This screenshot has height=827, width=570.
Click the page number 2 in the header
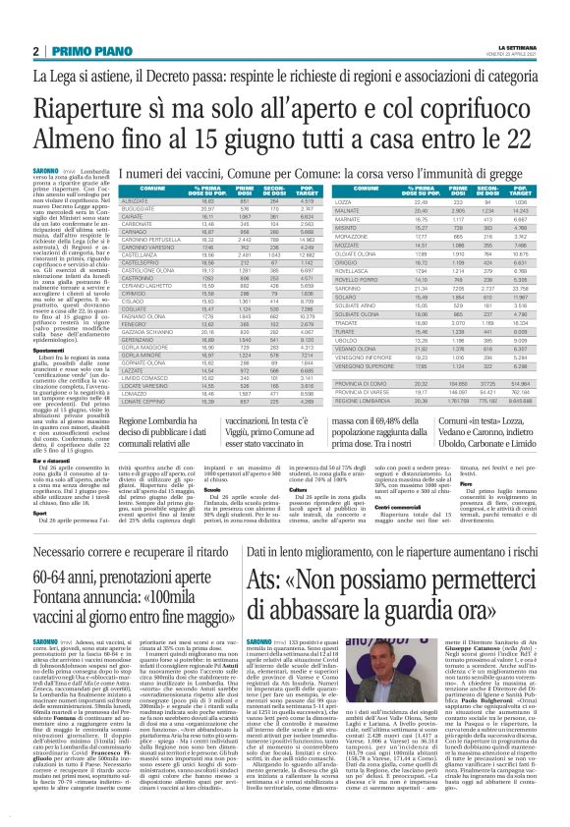[x=35, y=51]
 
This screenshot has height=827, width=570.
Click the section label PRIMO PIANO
[x=83, y=51]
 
